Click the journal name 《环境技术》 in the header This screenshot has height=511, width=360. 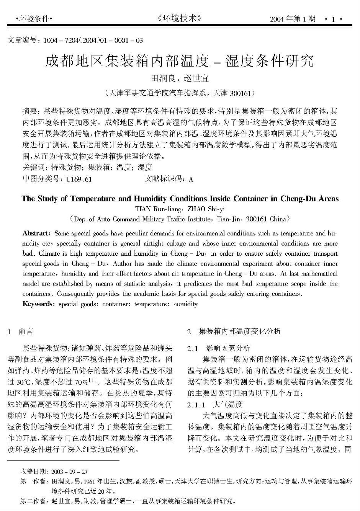(x=180, y=18)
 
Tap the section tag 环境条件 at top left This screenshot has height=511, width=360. (x=34, y=18)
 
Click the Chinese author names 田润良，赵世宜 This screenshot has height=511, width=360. (x=180, y=78)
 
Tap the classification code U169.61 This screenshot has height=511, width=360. (x=79, y=179)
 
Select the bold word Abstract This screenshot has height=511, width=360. (x=36, y=233)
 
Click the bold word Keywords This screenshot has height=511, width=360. (x=38, y=304)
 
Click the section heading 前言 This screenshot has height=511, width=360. (x=26, y=331)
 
